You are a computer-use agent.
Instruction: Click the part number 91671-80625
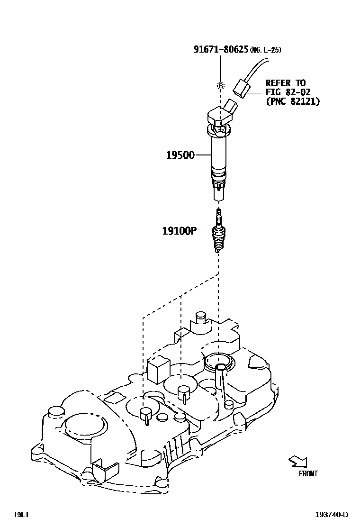tap(221, 49)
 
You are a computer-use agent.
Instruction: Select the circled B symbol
tap(220, 86)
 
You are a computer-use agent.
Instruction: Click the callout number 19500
tap(180, 155)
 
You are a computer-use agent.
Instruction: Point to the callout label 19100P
tap(179, 231)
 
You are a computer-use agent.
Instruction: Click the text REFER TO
tap(285, 83)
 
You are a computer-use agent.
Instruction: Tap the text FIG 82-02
tap(288, 92)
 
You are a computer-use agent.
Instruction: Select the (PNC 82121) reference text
tap(292, 101)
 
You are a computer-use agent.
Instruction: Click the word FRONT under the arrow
tap(308, 473)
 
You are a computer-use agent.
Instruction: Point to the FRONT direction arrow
tap(299, 461)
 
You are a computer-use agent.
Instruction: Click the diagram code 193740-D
tap(332, 515)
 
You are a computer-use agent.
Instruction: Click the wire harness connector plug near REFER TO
tap(242, 89)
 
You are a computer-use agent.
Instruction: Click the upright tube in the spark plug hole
tap(220, 379)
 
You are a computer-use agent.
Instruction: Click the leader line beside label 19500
tap(203, 155)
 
